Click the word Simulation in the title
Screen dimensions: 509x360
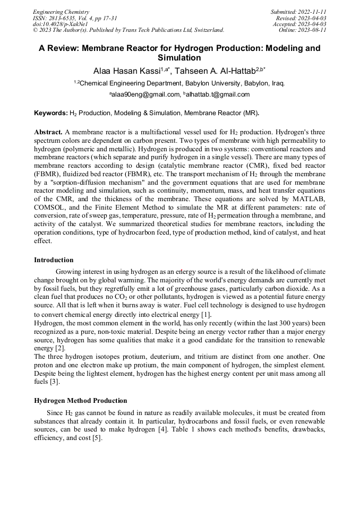click(179, 58)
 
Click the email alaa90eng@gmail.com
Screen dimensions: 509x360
click(145, 95)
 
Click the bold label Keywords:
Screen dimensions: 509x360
click(50, 113)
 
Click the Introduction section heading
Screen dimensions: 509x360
click(54, 260)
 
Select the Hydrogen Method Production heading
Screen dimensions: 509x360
click(80, 401)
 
